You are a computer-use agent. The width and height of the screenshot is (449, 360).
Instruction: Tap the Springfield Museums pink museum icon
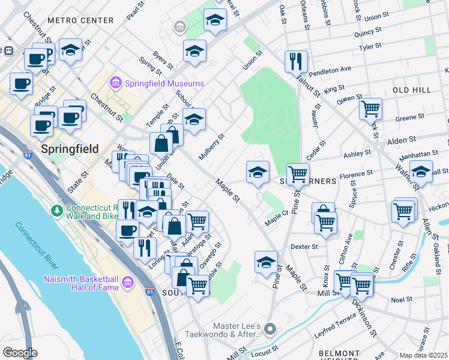click(115, 83)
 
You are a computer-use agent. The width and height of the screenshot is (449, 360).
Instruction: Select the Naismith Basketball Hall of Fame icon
click(127, 282)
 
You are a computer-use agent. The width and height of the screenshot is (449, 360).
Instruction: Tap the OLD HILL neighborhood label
click(412, 89)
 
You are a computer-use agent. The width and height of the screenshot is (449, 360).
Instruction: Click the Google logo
click(20, 353)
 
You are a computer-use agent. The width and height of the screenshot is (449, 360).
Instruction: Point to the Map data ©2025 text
click(423, 355)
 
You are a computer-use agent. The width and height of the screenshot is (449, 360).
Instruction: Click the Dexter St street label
click(303, 246)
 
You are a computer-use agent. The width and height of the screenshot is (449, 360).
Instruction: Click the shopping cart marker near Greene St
click(370, 109)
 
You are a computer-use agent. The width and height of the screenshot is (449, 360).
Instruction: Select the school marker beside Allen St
click(421, 172)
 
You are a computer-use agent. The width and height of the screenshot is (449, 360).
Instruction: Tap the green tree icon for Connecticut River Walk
click(57, 211)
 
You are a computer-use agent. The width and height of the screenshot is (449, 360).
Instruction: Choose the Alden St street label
click(397, 140)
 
